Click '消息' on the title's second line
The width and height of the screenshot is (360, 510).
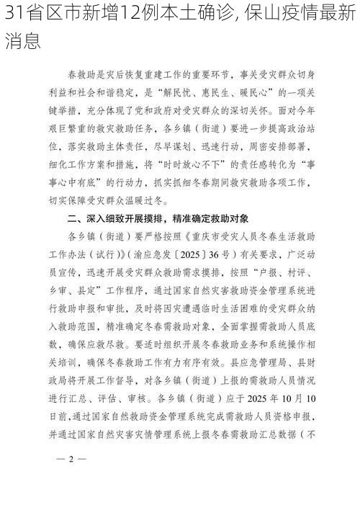pos(22,40)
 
